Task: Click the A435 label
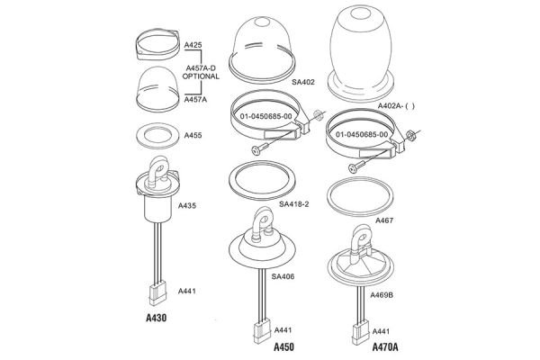tap(188, 206)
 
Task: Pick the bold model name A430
tap(157, 318)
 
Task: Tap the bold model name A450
tap(284, 346)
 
